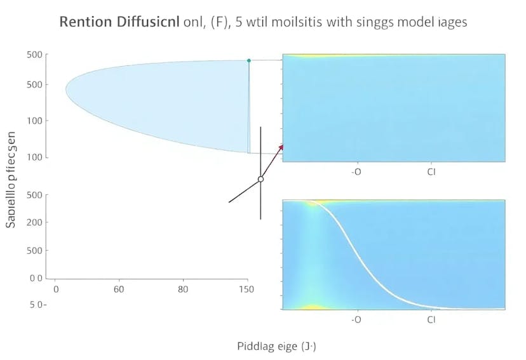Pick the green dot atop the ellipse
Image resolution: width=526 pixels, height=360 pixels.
pos(248,60)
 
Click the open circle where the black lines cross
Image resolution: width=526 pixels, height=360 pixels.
pos(260,180)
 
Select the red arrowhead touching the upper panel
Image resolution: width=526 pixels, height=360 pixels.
pos(280,147)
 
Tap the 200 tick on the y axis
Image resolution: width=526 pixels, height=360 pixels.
pos(34,222)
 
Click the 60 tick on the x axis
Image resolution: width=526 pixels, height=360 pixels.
pos(118,290)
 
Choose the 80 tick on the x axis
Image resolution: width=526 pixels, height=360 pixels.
pos(183,290)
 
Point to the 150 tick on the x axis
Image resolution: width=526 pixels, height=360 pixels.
pos(246,290)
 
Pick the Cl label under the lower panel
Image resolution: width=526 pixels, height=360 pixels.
pos(431,319)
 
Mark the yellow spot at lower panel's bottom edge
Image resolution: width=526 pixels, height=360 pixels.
pos(313,307)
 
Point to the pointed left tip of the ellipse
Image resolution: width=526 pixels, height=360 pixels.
pos(66,89)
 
